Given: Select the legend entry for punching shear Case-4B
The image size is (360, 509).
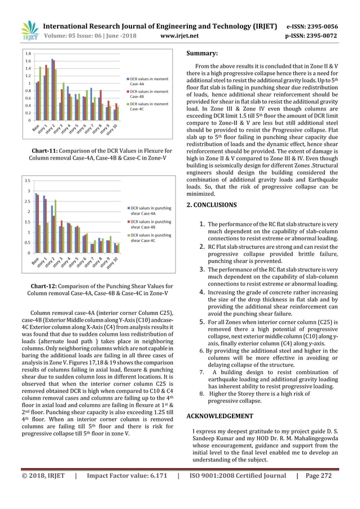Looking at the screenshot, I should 151,225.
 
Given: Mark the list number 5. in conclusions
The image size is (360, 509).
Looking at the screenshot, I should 199,322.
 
